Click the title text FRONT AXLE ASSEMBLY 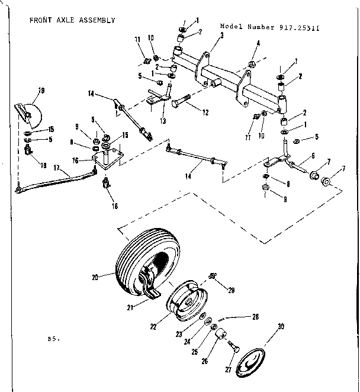(x=72, y=20)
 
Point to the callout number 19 (x=41, y=90)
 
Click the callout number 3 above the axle (x=221, y=36)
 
